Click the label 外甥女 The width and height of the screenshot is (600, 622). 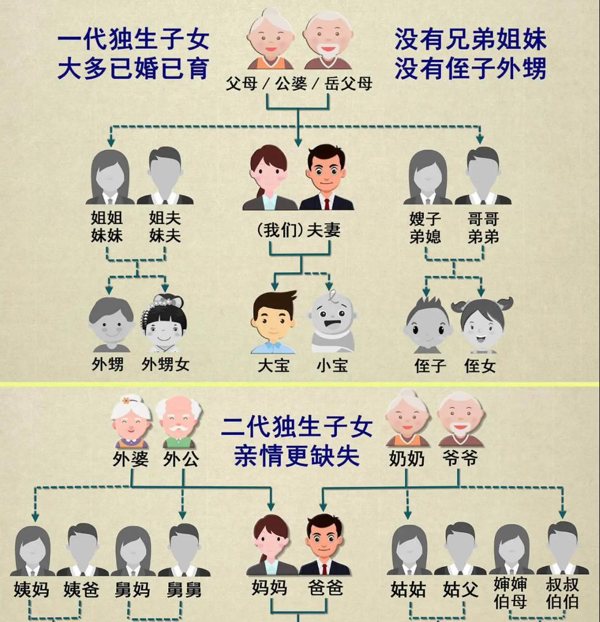pyautogui.click(x=166, y=365)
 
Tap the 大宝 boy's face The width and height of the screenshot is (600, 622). pyautogui.click(x=273, y=321)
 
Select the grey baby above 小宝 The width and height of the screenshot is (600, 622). pyautogui.click(x=333, y=321)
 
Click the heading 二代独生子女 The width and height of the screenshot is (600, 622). pyautogui.click(x=297, y=427)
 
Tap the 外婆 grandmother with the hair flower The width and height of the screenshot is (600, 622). pyautogui.click(x=130, y=422)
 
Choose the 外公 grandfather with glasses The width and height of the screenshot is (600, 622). pyautogui.click(x=180, y=422)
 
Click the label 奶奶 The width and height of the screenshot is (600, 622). pyautogui.click(x=407, y=459)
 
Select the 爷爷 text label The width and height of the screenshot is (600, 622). pyautogui.click(x=459, y=458)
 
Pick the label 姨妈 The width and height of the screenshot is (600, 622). pyautogui.click(x=31, y=590)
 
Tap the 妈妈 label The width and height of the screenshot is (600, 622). pyautogui.click(x=270, y=588)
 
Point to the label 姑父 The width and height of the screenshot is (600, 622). pyautogui.click(x=461, y=590)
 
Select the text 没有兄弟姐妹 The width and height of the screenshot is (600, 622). pyautogui.click(x=470, y=40)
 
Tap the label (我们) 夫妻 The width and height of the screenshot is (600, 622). pyautogui.click(x=298, y=231)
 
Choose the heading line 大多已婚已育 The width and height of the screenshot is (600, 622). pyautogui.click(x=133, y=69)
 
